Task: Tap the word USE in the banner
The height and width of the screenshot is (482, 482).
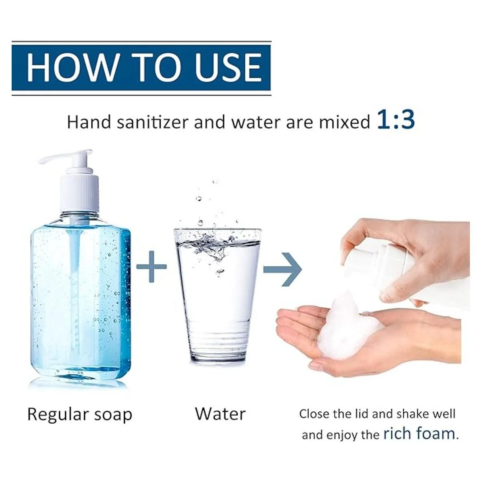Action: click(228, 67)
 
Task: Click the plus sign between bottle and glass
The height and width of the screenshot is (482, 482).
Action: click(151, 267)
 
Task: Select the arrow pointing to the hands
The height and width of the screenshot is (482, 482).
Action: click(283, 270)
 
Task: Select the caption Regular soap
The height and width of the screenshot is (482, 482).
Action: click(80, 415)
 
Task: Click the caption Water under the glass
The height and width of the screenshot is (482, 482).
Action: click(220, 414)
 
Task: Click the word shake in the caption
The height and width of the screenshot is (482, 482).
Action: click(412, 414)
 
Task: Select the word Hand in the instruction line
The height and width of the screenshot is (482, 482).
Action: click(89, 122)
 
